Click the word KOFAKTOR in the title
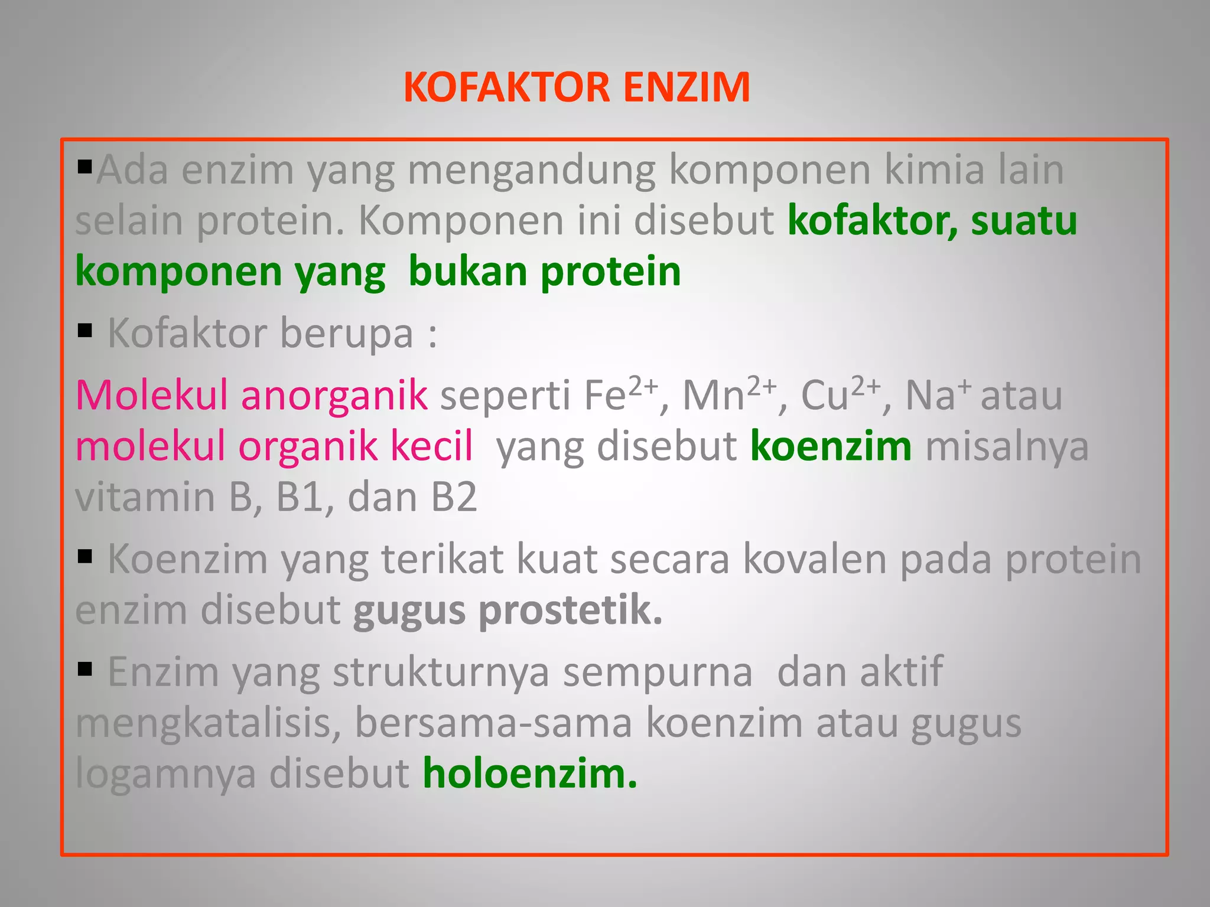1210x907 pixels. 506,87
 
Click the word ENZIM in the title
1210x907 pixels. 687,87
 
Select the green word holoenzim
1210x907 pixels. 529,773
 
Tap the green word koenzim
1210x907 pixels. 831,446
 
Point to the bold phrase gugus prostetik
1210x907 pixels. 508,610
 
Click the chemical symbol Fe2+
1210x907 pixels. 620,394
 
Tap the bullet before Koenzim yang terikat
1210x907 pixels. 85,556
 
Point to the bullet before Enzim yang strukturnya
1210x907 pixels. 85,669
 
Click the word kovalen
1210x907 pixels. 815,559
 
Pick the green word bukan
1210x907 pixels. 467,272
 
